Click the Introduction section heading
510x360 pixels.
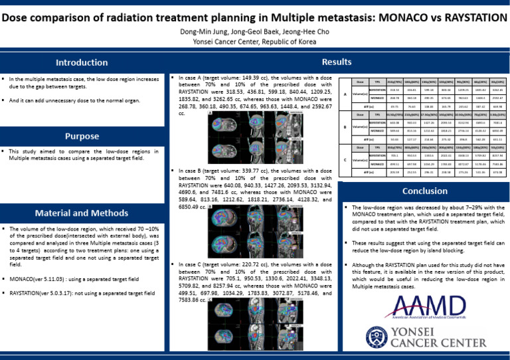pyautogui.click(x=82, y=63)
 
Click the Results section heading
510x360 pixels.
pyautogui.click(x=337, y=62)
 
